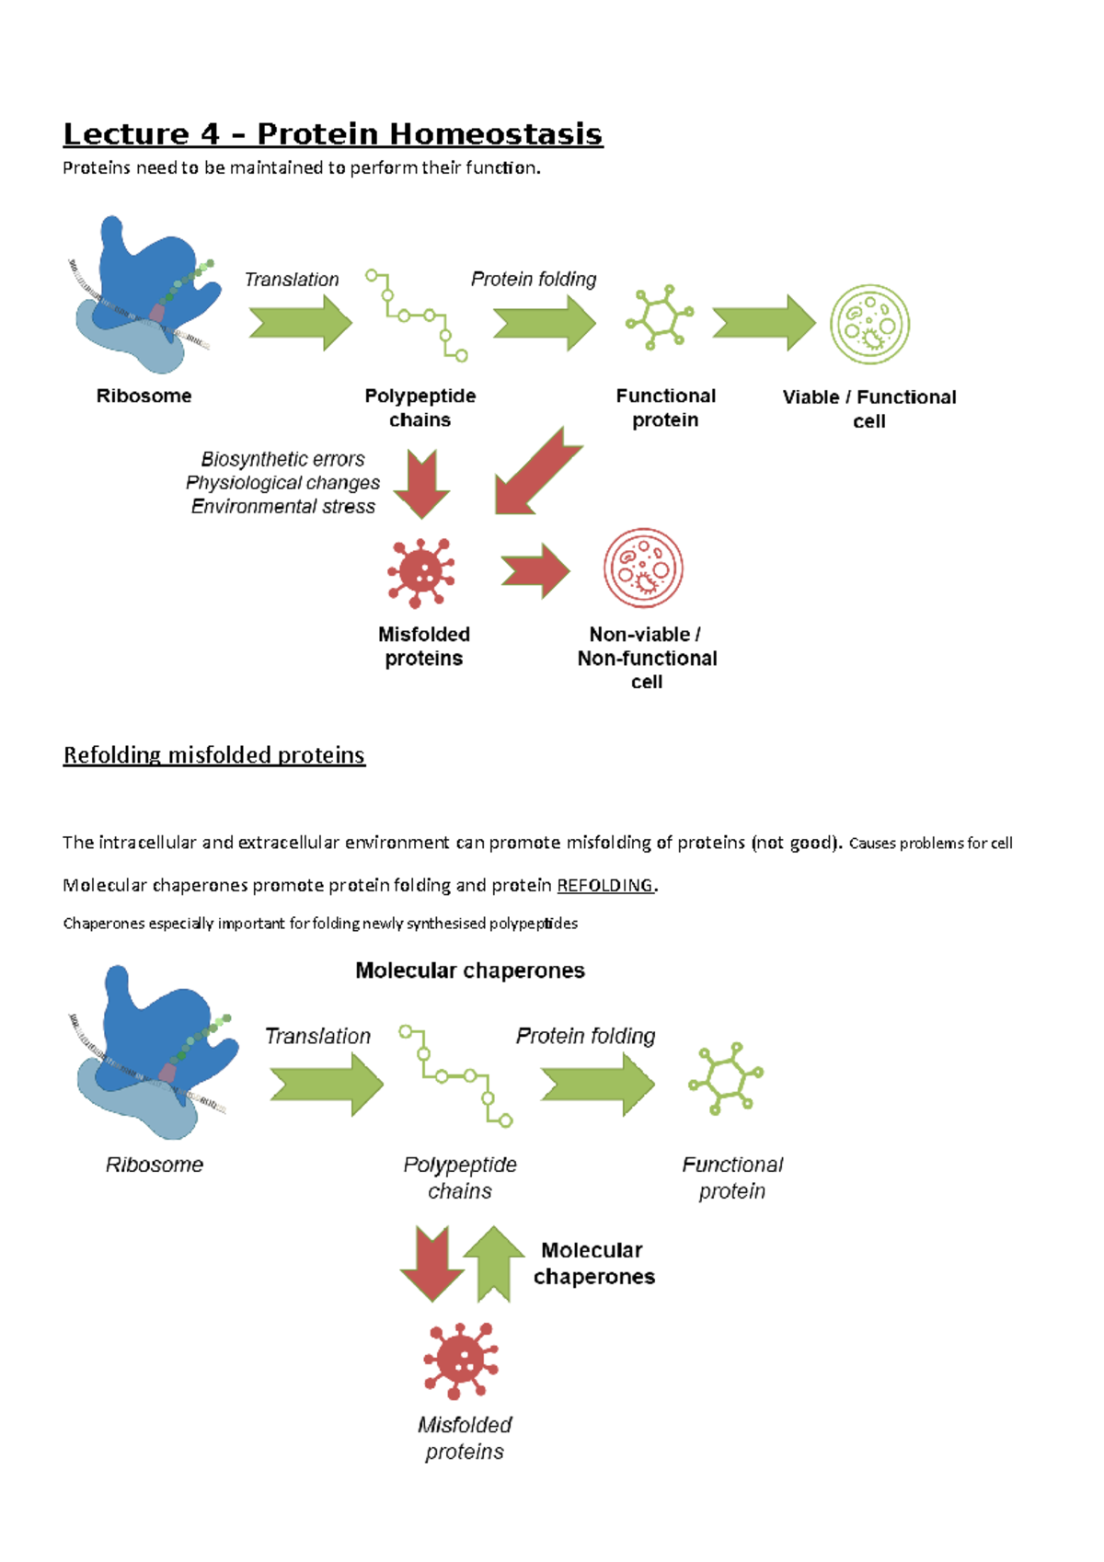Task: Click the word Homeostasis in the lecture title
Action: pos(495,134)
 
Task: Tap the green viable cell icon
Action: pos(869,325)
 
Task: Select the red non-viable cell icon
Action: pos(643,568)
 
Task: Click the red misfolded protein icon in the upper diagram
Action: pos(420,573)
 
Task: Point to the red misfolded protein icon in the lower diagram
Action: pos(461,1361)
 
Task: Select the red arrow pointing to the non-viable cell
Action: pos(536,571)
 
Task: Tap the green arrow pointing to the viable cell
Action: pos(764,323)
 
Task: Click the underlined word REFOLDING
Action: pos(605,885)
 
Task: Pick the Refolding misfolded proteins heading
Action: pos(213,755)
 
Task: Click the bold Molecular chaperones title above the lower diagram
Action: pos(470,971)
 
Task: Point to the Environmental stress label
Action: pos(283,507)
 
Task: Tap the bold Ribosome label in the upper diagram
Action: pos(144,396)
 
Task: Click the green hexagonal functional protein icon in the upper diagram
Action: pos(659,317)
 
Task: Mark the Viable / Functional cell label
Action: pos(869,409)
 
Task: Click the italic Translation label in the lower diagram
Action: pos(317,1037)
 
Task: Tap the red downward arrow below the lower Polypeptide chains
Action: pos(431,1263)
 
